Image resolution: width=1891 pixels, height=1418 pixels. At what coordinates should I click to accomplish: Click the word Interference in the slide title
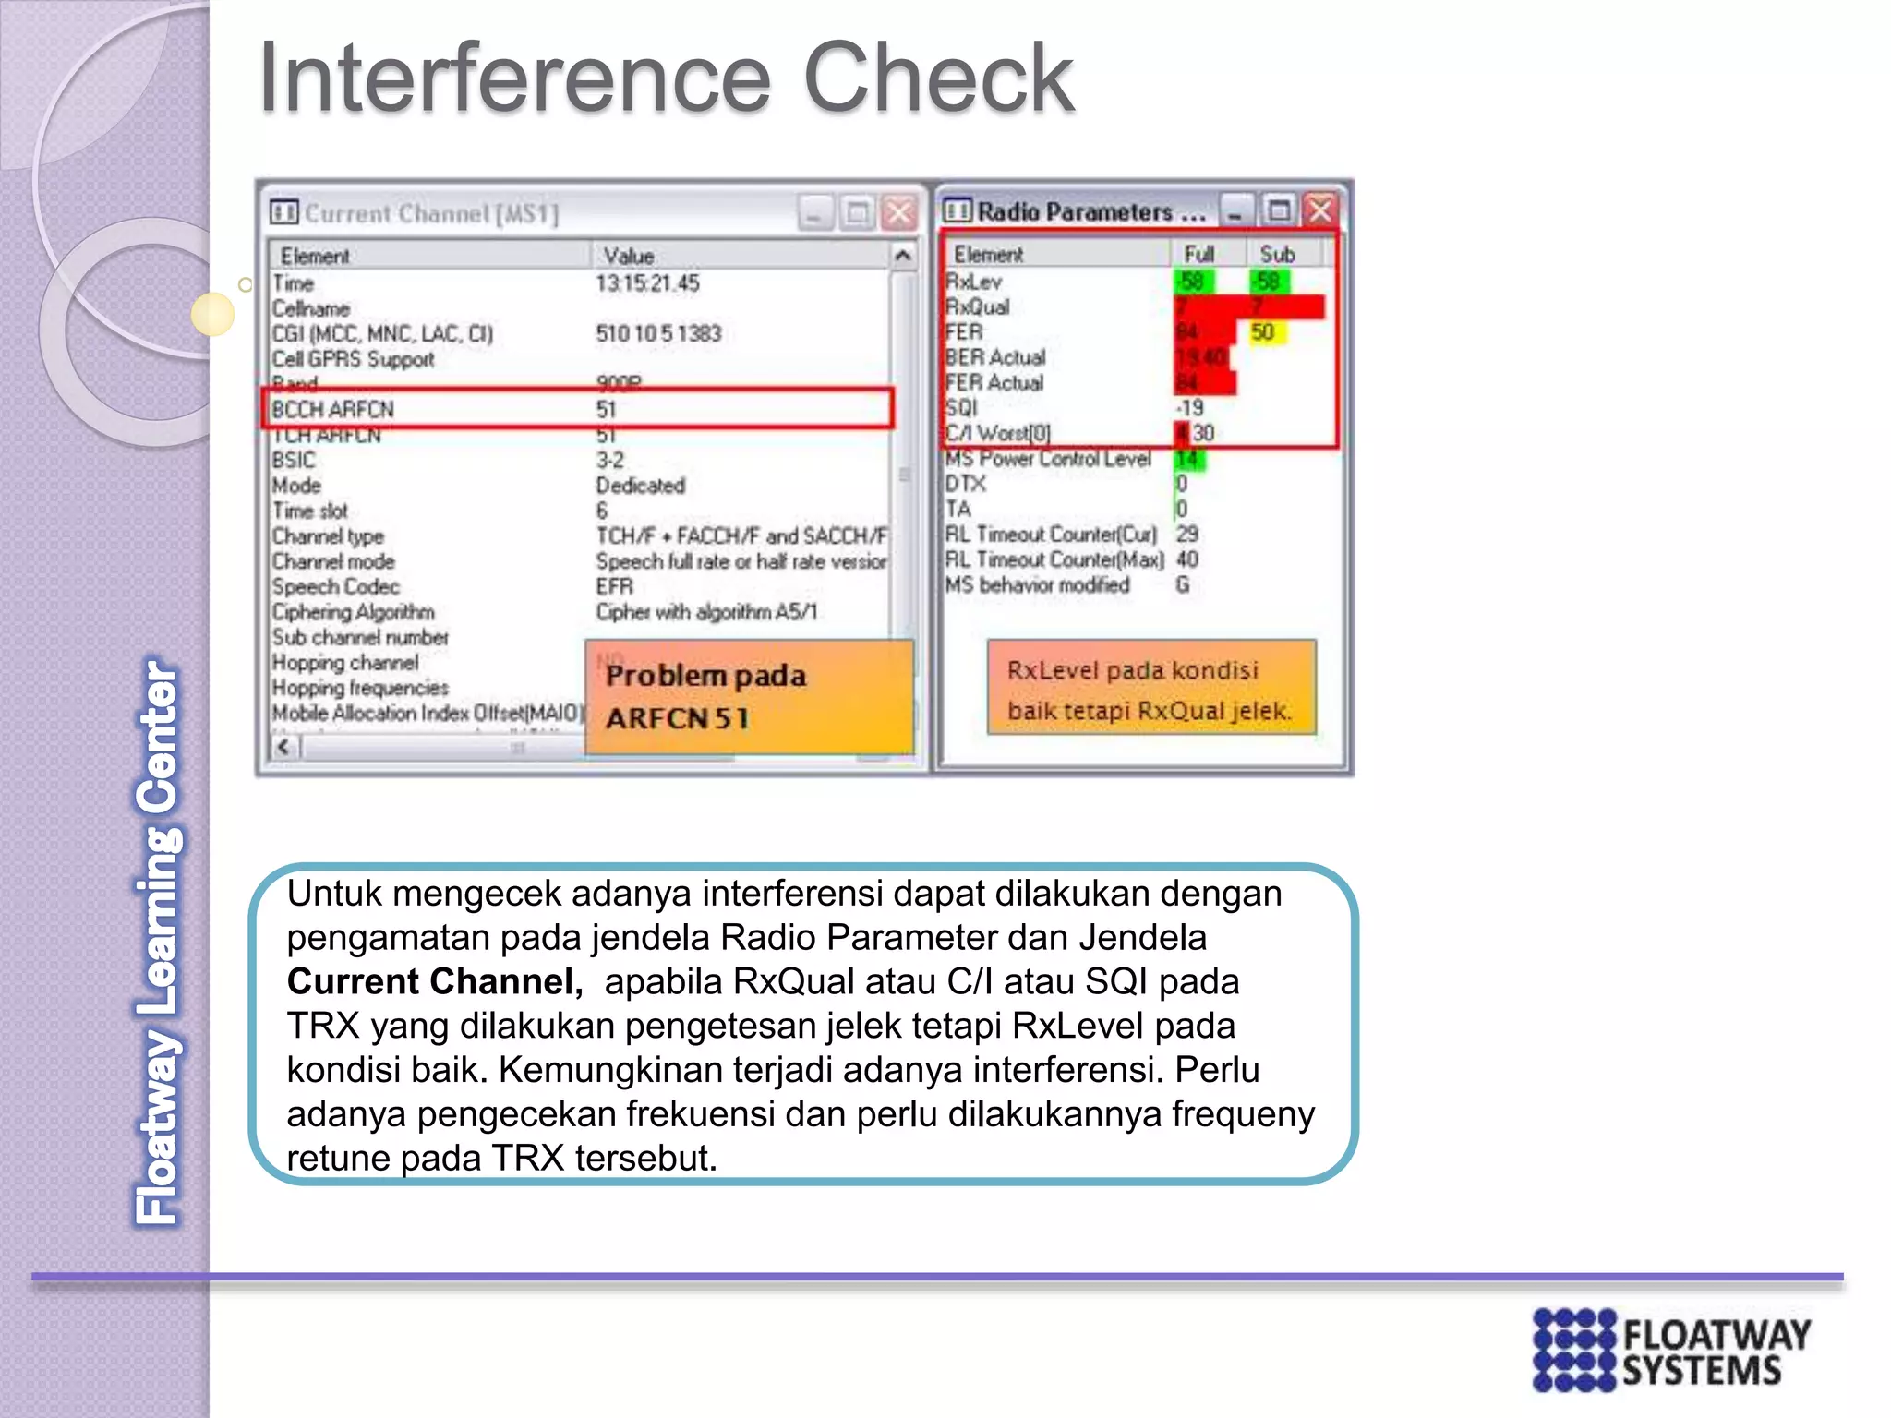click(513, 79)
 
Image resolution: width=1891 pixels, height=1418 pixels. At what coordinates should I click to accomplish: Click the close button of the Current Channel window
click(899, 213)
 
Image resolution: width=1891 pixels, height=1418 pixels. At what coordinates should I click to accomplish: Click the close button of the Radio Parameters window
click(1320, 210)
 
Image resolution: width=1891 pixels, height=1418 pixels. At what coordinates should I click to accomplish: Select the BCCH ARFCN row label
click(333, 409)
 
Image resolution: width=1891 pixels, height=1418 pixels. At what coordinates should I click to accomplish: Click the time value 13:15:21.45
click(647, 283)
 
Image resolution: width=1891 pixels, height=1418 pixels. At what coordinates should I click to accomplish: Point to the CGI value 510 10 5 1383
click(658, 333)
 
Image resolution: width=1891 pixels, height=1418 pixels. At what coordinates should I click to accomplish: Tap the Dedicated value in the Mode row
click(640, 486)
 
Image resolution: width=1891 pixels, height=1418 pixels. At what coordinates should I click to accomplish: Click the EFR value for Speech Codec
click(614, 586)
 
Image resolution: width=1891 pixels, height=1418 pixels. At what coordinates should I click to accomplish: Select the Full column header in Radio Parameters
click(1198, 254)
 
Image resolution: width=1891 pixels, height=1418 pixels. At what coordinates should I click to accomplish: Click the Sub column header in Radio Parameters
click(1277, 254)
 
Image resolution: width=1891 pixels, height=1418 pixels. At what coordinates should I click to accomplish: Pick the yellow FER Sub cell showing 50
click(1263, 332)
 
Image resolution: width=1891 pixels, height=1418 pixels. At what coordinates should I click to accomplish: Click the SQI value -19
click(1189, 408)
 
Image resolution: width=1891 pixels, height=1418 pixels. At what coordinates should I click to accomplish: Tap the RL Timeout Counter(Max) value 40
click(1187, 559)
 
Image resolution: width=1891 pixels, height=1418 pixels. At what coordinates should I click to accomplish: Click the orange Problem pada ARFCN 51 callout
click(748, 697)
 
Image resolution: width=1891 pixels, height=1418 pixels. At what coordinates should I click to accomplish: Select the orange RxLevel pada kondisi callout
click(1150, 689)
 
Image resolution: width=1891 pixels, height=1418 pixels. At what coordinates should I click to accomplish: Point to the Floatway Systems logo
click(1671, 1350)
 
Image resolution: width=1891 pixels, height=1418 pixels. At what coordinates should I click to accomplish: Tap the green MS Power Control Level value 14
click(1187, 459)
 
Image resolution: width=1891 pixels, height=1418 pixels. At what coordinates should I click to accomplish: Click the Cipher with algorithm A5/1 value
click(706, 612)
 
